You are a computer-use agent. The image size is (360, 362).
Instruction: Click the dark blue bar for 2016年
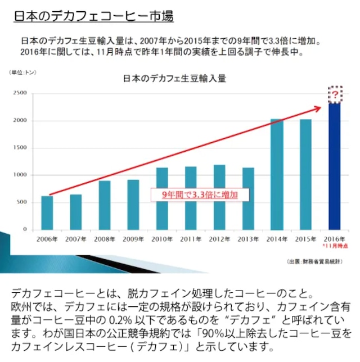click(x=334, y=166)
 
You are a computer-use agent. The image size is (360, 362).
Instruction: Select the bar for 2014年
click(x=277, y=174)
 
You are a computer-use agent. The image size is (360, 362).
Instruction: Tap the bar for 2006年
click(x=47, y=213)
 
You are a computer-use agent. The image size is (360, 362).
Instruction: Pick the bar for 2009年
click(x=133, y=205)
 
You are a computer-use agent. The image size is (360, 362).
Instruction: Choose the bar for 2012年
click(x=219, y=197)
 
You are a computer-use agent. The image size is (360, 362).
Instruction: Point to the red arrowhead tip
click(x=321, y=107)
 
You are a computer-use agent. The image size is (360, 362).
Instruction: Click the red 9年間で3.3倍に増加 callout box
click(x=200, y=195)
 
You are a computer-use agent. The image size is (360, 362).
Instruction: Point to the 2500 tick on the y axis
click(x=20, y=93)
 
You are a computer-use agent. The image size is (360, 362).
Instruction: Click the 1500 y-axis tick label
click(x=20, y=147)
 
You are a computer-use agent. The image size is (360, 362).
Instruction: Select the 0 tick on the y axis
click(x=25, y=229)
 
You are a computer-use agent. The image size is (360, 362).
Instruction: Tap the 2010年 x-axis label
click(x=162, y=239)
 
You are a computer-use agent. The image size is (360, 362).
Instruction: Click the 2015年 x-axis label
click(x=305, y=239)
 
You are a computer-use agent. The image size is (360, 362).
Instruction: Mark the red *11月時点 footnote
click(x=335, y=246)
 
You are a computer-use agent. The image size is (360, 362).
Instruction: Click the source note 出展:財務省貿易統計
click(x=314, y=261)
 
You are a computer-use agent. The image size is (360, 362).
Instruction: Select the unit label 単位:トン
click(x=22, y=73)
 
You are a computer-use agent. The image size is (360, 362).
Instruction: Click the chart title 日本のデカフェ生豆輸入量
click(x=175, y=79)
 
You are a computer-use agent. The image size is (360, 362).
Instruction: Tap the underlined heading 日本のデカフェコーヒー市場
click(x=93, y=16)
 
